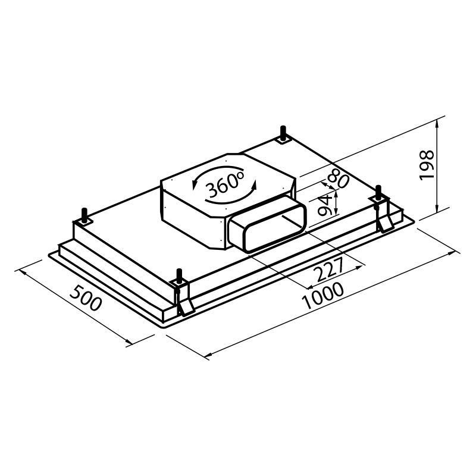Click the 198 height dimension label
(x=427, y=165)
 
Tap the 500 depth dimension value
(x=85, y=298)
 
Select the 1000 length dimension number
(x=322, y=295)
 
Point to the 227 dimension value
(x=330, y=270)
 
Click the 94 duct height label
(x=324, y=205)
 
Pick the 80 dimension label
(x=338, y=180)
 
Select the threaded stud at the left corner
(x=84, y=215)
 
